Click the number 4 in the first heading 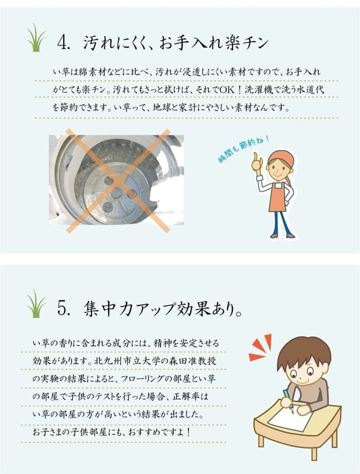click(x=64, y=42)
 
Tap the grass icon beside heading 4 click(x=36, y=38)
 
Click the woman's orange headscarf click(x=282, y=157)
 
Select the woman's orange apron click(x=280, y=198)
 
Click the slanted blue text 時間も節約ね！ click(x=243, y=149)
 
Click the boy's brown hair click(x=303, y=349)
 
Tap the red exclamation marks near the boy click(x=261, y=347)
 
